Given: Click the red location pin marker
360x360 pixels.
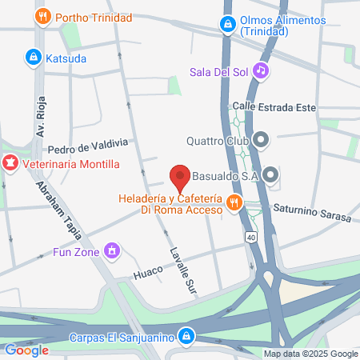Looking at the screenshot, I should coord(180,175).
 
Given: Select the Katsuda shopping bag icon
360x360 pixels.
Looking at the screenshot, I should coord(33,58).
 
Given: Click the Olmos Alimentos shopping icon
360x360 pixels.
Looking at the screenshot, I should coord(229,26).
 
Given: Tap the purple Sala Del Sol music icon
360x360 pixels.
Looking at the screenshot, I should coord(260,70).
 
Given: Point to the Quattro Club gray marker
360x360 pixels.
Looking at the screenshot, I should coord(262,141).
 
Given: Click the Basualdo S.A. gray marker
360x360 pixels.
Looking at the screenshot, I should coord(271,174).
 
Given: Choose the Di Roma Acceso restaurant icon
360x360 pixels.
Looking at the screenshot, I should coord(234,203).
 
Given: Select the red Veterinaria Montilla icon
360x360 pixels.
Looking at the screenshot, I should coord(10,164).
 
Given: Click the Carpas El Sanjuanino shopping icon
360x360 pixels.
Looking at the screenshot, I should coord(186,336).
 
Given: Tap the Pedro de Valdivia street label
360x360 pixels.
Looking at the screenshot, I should coord(88,146).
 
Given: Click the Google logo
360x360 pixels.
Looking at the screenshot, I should coord(26,350).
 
